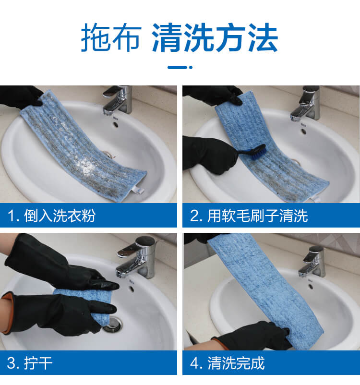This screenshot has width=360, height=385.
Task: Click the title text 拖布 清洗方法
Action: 180,37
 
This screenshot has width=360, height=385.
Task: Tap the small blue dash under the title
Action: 180,67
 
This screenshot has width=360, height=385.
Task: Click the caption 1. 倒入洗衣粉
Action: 51,216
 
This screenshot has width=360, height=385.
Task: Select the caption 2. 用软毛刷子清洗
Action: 249,216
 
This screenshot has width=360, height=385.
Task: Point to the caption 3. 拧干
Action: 30,363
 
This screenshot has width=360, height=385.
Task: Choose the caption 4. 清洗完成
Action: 227,363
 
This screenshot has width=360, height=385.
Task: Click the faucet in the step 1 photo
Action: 118,100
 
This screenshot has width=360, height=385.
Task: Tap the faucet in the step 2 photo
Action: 305,103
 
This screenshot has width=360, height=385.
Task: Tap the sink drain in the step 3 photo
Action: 112,324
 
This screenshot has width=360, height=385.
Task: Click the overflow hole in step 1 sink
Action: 115,124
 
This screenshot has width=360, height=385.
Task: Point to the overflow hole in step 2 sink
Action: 304,132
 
